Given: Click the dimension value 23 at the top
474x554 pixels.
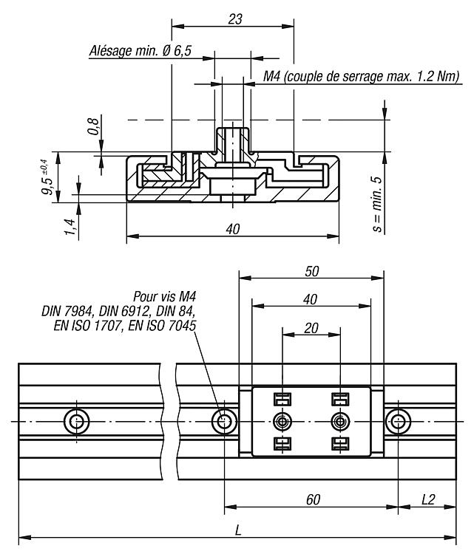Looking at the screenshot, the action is (x=235, y=19).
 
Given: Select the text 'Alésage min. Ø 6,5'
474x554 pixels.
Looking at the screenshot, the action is (x=140, y=51).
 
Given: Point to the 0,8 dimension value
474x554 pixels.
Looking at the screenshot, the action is (x=93, y=126).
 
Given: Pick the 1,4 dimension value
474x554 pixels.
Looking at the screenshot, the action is (x=70, y=228).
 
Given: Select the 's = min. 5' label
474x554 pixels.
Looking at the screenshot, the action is (x=377, y=205).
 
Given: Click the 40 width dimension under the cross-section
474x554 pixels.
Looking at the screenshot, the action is (x=233, y=229).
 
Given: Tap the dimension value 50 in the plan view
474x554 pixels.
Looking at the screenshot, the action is (x=311, y=271).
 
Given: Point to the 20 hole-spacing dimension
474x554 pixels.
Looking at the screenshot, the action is (x=311, y=328).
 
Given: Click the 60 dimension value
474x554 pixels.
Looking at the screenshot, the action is (x=313, y=499).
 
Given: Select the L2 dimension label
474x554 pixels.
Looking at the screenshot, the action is (x=428, y=499).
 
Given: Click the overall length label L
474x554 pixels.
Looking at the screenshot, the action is (x=238, y=530).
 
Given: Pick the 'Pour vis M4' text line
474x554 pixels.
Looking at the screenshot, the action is (x=164, y=296).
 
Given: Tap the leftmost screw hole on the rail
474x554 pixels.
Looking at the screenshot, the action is (x=76, y=422).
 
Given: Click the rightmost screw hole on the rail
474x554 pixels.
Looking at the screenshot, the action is (x=398, y=422).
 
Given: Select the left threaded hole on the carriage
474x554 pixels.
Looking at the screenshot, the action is (x=282, y=422).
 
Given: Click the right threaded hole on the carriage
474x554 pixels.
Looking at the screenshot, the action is (x=340, y=422).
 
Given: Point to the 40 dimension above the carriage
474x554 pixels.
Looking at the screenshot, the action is (x=311, y=300).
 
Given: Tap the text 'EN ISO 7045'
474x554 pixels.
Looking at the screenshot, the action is (x=162, y=326).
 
